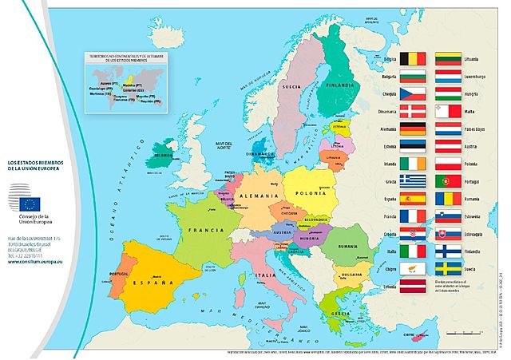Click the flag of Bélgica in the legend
[414, 57]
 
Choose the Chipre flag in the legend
[414, 269]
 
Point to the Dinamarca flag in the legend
[414, 110]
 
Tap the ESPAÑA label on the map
[149, 283]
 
